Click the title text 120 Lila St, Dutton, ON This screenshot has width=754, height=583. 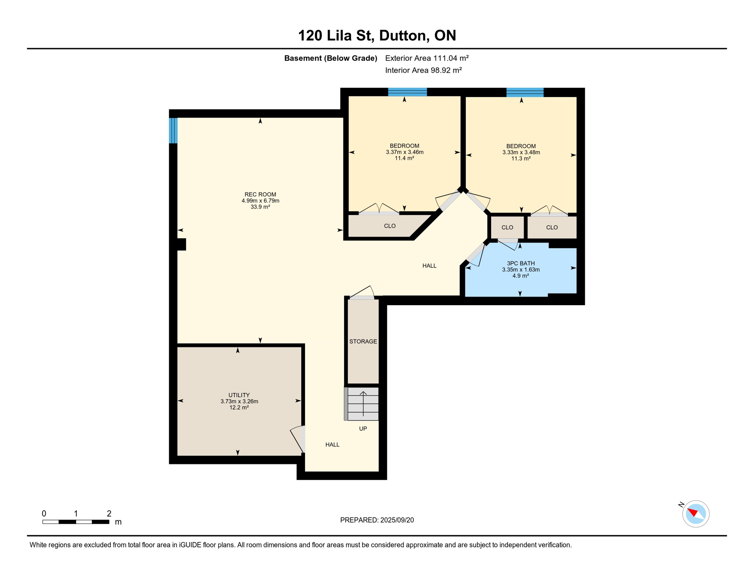coord(377,35)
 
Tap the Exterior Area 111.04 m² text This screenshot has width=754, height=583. coord(427,58)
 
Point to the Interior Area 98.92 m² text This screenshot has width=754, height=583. coord(423,70)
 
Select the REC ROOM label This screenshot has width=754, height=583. coord(260,194)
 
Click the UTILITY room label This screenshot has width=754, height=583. coord(239,395)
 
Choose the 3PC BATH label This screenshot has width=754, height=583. coord(521,263)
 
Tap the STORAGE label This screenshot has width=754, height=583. coord(363,341)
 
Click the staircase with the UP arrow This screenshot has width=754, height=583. coord(363,403)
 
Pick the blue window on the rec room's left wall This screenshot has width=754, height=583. coord(173,130)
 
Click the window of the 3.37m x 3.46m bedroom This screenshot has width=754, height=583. coord(407,91)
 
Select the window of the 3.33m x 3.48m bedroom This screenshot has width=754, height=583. coord(525,92)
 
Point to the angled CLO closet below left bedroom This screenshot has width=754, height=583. coord(390,226)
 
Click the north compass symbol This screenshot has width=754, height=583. coord(696,514)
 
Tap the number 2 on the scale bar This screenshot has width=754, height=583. coord(109,514)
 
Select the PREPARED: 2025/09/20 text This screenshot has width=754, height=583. coord(377,520)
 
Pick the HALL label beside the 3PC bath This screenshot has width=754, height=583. coord(429,266)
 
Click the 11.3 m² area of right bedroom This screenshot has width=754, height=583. coord(521,159)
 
